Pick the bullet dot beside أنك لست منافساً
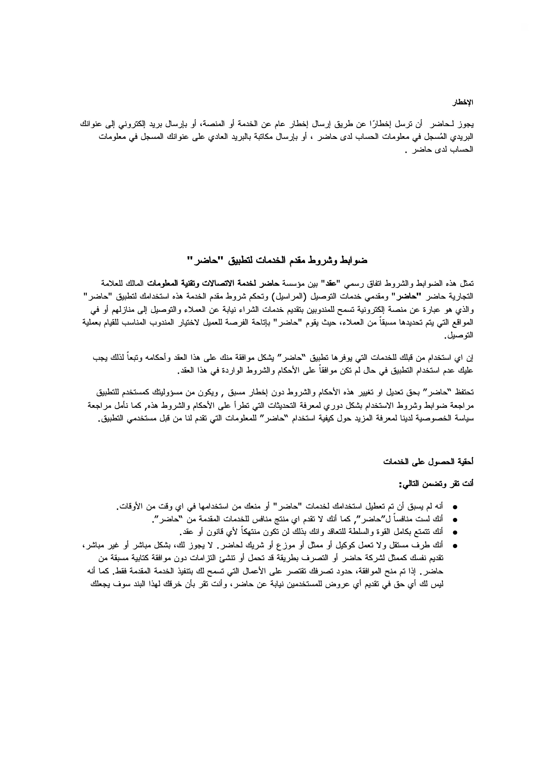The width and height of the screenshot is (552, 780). [455, 520]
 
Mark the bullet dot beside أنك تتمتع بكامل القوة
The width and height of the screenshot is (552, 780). [455, 532]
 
